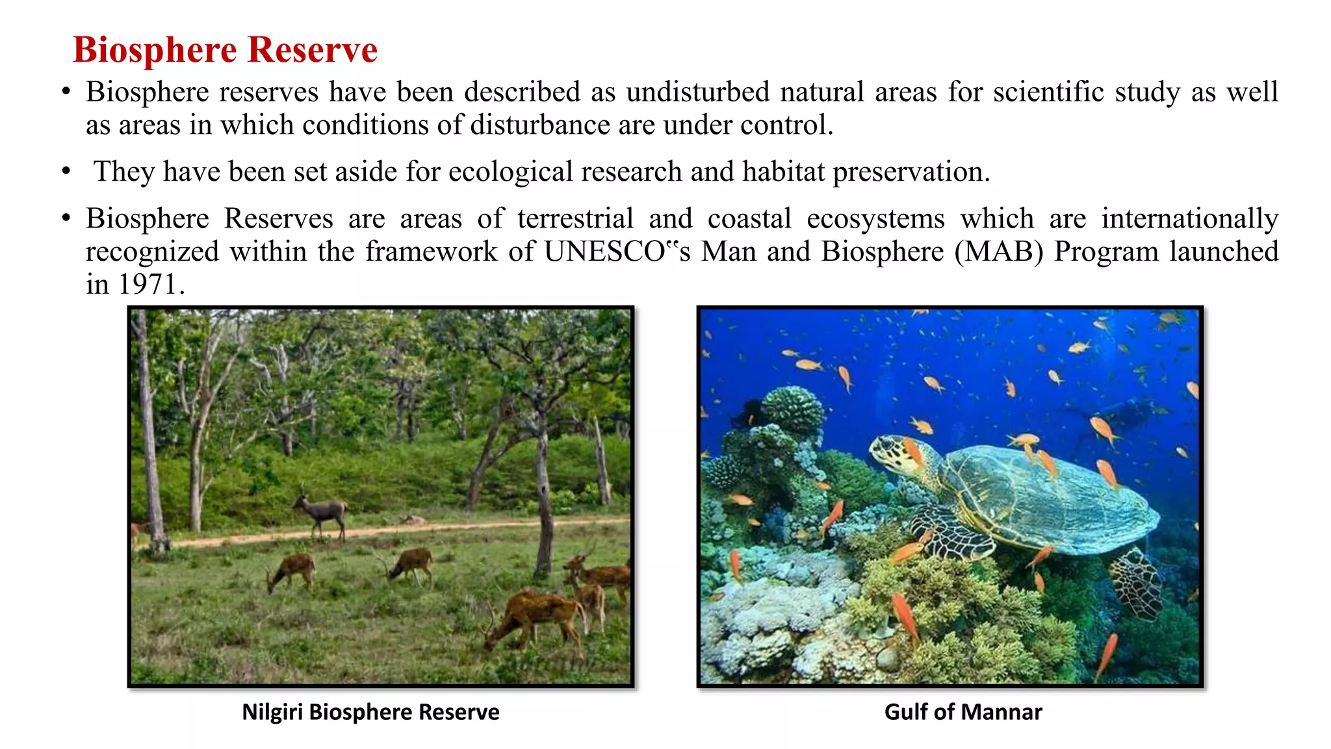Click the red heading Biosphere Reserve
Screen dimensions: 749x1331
[225, 50]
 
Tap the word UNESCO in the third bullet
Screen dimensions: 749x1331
[604, 252]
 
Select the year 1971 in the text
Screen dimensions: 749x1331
[148, 284]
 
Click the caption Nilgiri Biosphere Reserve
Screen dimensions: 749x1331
[370, 712]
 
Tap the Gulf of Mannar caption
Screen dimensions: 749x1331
[963, 712]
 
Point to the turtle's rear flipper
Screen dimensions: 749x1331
[1137, 582]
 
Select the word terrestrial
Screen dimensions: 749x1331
[575, 218]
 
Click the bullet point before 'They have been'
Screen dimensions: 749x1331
[66, 172]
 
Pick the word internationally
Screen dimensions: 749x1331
[1189, 218]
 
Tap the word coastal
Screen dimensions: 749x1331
[749, 218]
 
